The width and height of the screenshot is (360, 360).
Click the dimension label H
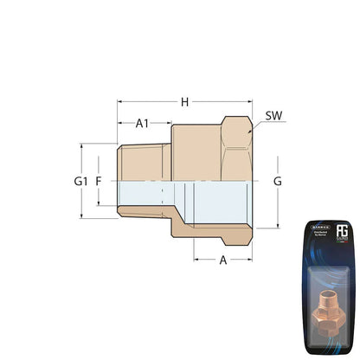point(184,102)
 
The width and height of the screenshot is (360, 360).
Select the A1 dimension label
point(144,124)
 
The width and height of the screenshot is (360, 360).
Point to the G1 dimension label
point(81,182)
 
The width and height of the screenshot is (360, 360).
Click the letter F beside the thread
point(100,182)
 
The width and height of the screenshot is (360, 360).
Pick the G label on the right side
point(277,182)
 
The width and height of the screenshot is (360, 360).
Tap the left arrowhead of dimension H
point(120,102)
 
